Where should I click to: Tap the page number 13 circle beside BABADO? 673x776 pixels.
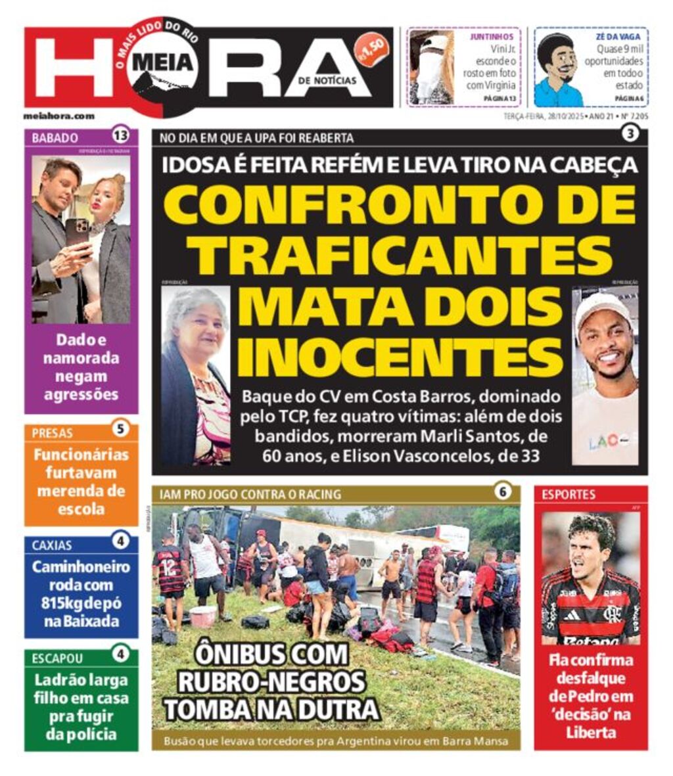[120, 136]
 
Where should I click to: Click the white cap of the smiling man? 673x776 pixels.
[602, 308]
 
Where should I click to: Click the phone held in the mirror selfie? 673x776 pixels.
[77, 232]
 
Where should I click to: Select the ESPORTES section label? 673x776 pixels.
[569, 495]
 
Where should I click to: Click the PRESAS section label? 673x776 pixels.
[53, 433]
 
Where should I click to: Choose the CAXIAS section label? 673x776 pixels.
[52, 545]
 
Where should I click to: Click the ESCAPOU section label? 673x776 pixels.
[58, 658]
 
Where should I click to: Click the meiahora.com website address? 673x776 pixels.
[59, 116]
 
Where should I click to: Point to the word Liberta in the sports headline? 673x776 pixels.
[590, 731]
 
